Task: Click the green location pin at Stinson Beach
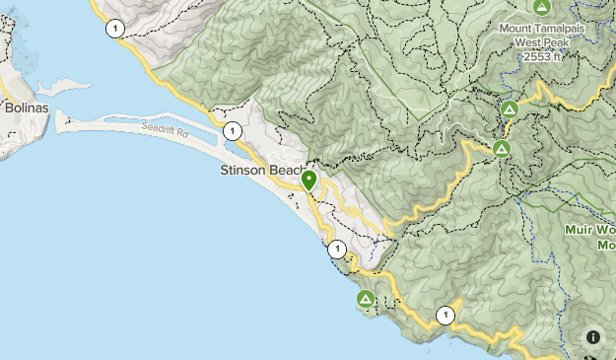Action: click(x=308, y=180)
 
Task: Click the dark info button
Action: click(x=593, y=337)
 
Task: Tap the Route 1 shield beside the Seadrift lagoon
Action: click(x=232, y=130)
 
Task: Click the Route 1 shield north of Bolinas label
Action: click(x=116, y=29)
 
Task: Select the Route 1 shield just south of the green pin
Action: click(x=336, y=249)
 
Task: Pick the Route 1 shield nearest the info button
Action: click(x=445, y=316)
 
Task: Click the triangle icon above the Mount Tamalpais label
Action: click(x=540, y=7)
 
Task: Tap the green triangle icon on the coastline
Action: click(x=365, y=298)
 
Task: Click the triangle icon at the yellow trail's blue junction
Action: click(x=510, y=108)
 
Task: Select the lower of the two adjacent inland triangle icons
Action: click(x=501, y=149)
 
